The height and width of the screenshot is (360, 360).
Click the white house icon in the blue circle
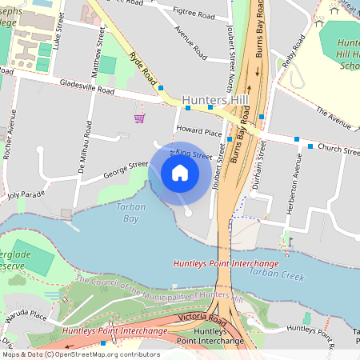[180, 173]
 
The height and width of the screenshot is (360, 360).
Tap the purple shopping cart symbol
[140, 118]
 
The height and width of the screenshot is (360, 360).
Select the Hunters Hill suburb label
[216, 100]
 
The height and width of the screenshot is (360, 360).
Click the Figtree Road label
[195, 15]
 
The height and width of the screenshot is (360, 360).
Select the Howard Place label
[199, 130]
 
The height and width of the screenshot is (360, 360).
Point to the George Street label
[126, 169]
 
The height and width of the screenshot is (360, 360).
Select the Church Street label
[338, 150]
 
